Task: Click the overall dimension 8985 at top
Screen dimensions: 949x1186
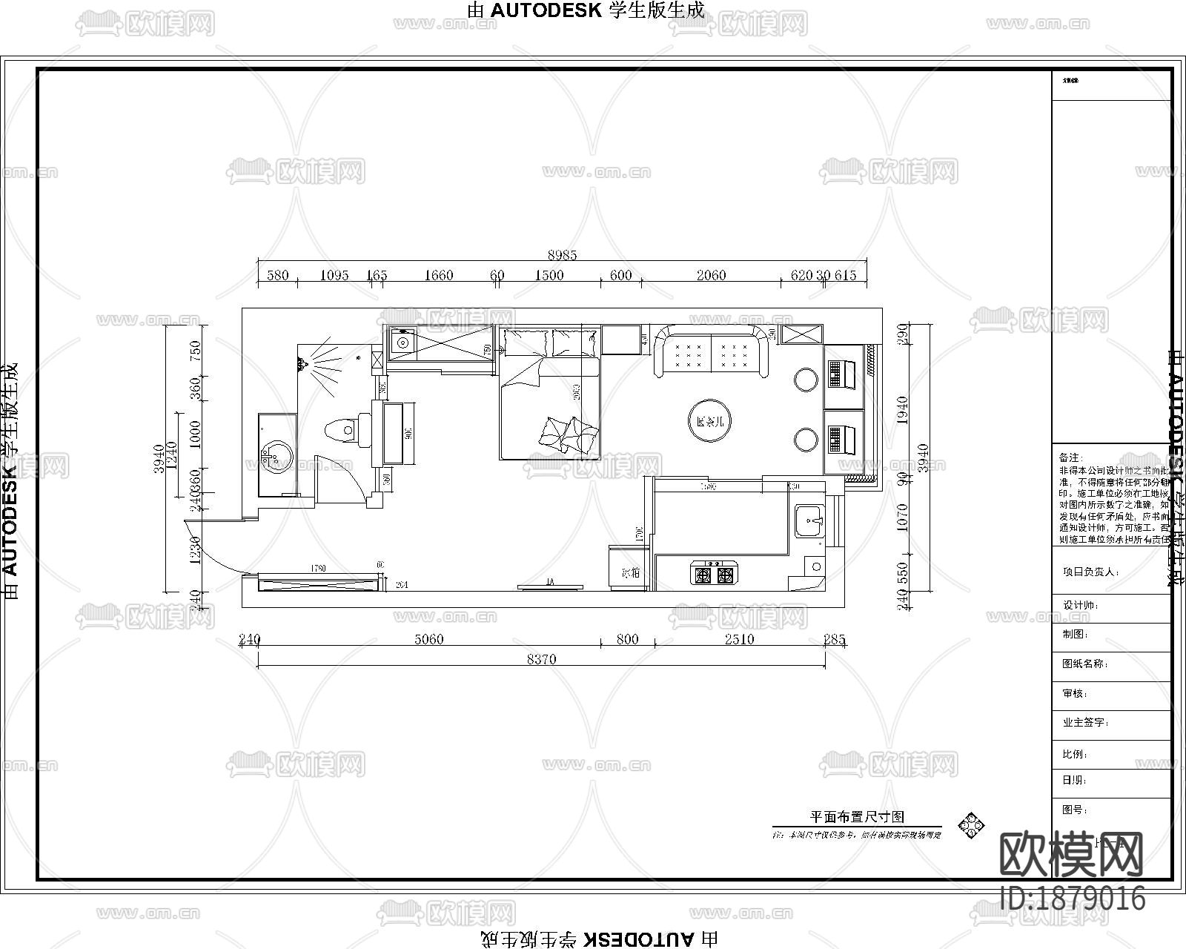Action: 562,255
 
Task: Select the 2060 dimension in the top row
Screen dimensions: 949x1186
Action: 711,275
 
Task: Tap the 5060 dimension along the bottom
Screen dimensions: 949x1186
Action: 428,639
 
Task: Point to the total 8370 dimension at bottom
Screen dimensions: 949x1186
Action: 541,659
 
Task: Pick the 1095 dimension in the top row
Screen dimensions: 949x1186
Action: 334,275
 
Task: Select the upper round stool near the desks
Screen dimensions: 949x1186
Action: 806,380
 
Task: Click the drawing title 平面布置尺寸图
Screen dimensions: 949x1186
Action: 856,817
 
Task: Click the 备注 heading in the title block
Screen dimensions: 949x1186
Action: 1070,457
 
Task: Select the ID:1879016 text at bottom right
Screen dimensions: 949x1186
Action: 1073,899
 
